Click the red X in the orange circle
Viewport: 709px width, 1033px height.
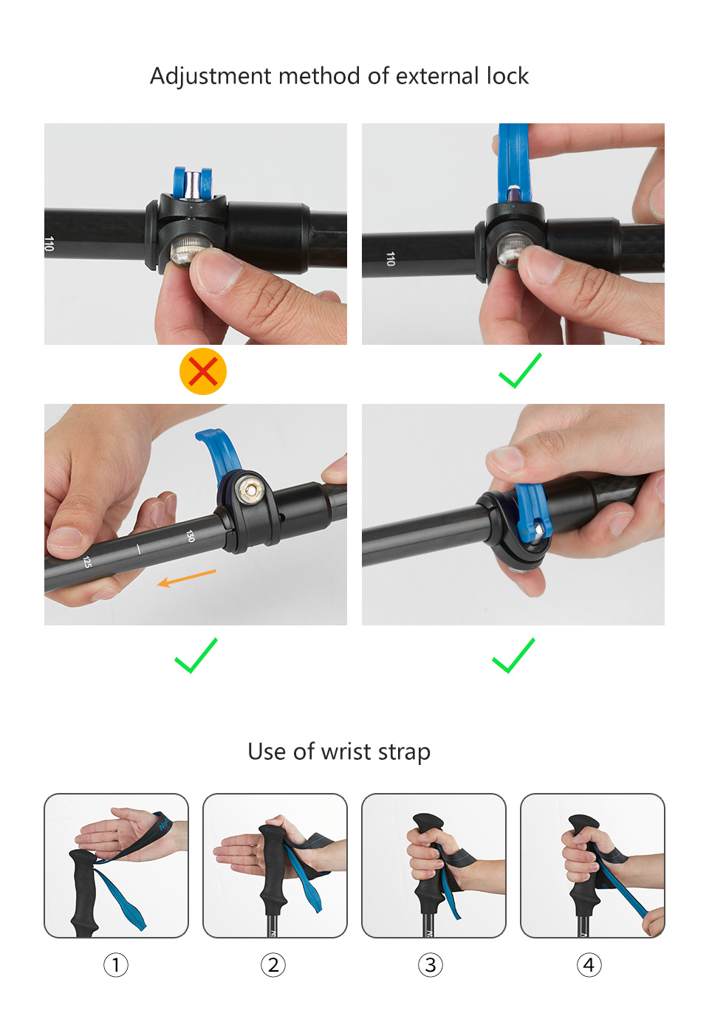202,371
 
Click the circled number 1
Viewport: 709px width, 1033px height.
116,965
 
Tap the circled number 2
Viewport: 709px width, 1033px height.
273,965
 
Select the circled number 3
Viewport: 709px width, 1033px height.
431,965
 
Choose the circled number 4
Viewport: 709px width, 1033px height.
589,965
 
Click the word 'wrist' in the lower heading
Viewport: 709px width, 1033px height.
346,752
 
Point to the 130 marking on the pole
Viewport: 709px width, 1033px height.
191,536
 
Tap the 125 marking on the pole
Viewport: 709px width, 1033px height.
87,562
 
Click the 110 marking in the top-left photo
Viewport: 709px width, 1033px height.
49,243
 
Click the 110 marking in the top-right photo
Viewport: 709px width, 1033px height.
390,258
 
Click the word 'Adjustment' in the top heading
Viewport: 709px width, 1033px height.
210,77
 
